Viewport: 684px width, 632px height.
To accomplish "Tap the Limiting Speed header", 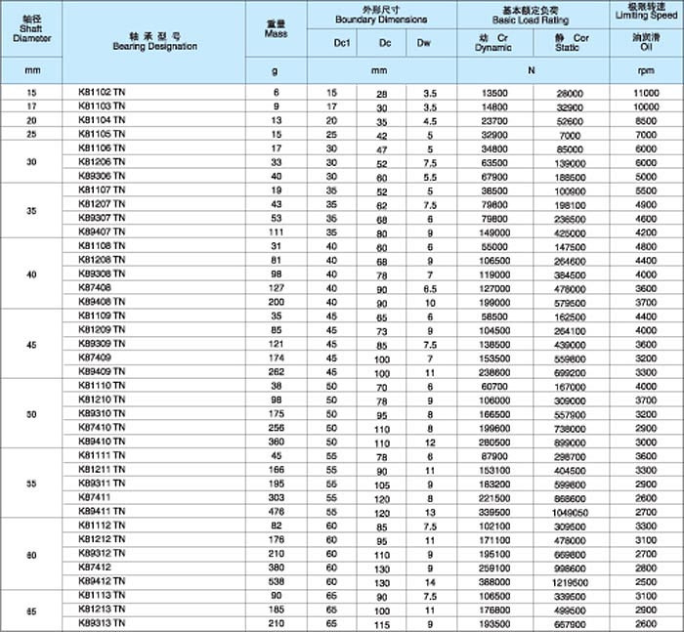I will coord(646,14).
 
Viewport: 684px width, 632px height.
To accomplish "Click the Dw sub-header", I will coord(424,43).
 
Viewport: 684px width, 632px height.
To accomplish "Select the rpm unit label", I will coord(646,71).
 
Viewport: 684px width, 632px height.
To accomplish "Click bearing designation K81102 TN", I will coord(102,92).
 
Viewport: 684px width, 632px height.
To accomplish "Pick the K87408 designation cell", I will coord(95,288).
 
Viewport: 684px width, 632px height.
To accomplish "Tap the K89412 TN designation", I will coord(102,581).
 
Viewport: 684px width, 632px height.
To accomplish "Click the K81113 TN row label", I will coord(102,596).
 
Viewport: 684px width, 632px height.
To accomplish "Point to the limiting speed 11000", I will coord(646,92).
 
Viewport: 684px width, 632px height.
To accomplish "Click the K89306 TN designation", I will coord(102,176).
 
